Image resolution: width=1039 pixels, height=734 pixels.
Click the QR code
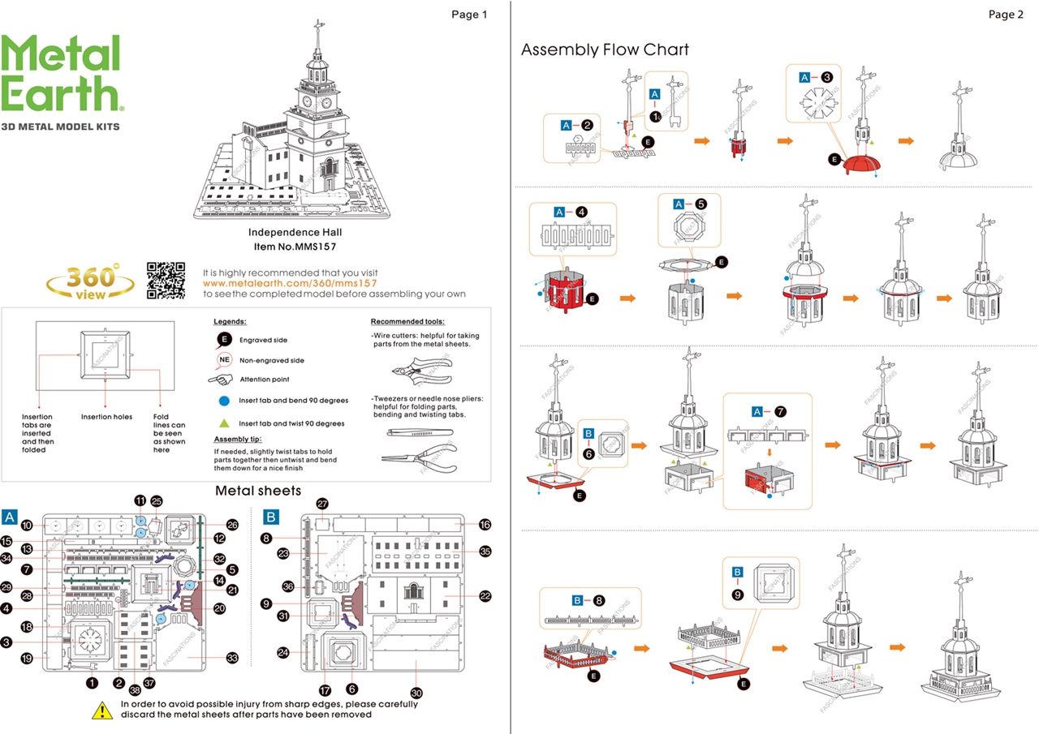[166, 281]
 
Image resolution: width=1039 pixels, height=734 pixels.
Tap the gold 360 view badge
[91, 281]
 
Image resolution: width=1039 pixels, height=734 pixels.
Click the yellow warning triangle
[101, 710]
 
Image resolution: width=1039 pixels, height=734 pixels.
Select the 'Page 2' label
[1006, 15]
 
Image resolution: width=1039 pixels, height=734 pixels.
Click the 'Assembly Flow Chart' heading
[605, 49]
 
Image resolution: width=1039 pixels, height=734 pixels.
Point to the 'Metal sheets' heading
[258, 491]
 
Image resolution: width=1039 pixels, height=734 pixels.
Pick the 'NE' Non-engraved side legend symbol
[225, 360]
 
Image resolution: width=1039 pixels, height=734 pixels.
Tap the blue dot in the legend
[224, 401]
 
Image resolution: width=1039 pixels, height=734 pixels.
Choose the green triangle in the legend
[224, 423]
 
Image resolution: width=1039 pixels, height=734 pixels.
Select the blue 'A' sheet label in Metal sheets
[10, 517]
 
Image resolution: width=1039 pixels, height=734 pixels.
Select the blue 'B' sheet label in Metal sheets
[272, 517]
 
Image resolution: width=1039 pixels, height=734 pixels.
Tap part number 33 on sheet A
[232, 658]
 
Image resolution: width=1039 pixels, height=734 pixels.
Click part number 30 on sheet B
[417, 693]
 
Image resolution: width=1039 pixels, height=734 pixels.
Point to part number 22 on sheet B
[485, 595]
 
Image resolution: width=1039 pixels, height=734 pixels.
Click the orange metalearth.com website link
[290, 283]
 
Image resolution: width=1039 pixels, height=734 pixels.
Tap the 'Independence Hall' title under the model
[283, 232]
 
